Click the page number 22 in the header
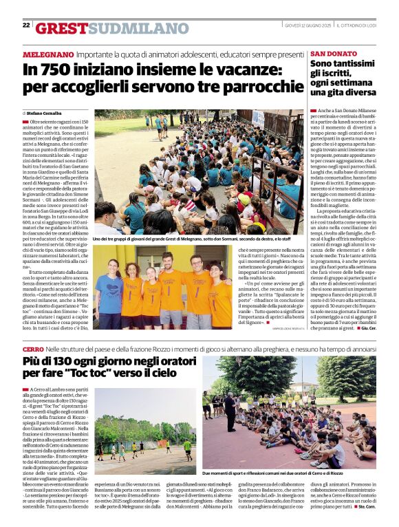[26, 25]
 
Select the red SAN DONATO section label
[334, 54]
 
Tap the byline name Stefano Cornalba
[45, 112]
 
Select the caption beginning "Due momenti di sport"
[272, 473]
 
